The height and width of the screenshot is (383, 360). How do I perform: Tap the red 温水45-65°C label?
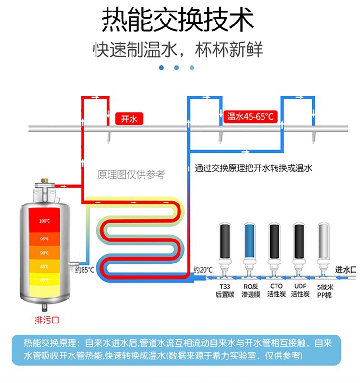click(x=250, y=117)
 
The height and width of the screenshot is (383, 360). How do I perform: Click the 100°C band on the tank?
click(x=45, y=221)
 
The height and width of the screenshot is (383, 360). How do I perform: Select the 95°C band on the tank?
click(x=45, y=239)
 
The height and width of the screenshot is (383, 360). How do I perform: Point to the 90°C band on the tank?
click(x=45, y=253)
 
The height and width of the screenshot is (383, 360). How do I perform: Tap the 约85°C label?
click(x=84, y=270)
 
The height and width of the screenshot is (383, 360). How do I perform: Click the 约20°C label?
click(x=203, y=270)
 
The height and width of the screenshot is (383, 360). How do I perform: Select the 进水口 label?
click(x=345, y=270)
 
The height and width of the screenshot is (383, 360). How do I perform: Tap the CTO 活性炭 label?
click(x=276, y=291)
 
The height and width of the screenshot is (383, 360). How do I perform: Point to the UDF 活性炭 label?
click(x=300, y=291)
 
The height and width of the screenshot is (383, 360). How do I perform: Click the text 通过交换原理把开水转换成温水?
click(x=253, y=169)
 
